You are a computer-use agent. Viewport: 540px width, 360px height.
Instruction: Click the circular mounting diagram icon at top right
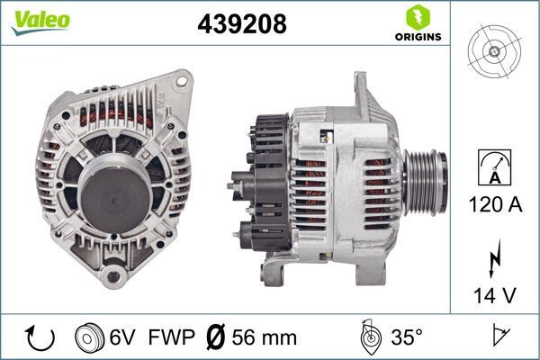tap(495, 51)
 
